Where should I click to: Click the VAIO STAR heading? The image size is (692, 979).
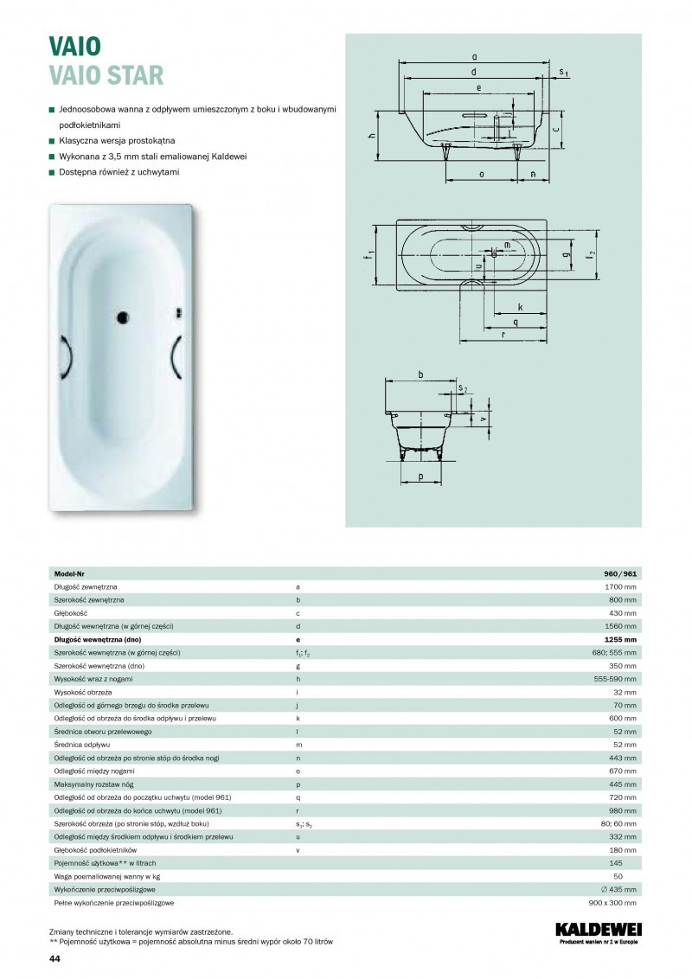(x=106, y=75)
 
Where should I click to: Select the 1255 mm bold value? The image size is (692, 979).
(x=619, y=638)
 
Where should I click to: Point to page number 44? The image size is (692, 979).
(x=54, y=959)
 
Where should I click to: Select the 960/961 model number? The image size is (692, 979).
(x=620, y=573)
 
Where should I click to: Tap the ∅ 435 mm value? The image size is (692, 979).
(x=616, y=889)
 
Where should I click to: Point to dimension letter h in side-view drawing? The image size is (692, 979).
(x=370, y=136)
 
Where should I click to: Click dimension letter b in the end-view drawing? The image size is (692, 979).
(x=420, y=374)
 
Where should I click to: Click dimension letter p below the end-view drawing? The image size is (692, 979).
(x=420, y=477)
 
